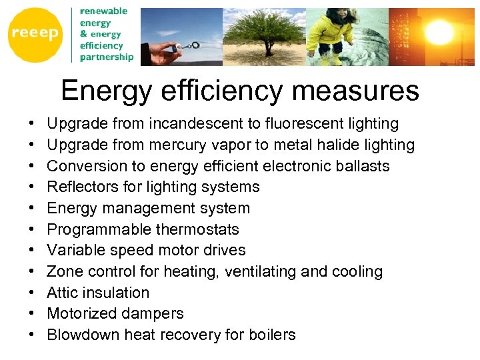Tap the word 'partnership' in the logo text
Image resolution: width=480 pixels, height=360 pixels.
pyautogui.click(x=107, y=57)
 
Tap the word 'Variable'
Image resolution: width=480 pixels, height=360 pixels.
pyautogui.click(x=75, y=251)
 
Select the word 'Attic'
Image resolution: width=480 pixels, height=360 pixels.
pyautogui.click(x=61, y=293)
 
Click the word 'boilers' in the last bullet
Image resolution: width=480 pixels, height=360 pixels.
pyautogui.click(x=271, y=335)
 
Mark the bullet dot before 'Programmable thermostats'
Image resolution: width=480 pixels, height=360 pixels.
pyautogui.click(x=32, y=229)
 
